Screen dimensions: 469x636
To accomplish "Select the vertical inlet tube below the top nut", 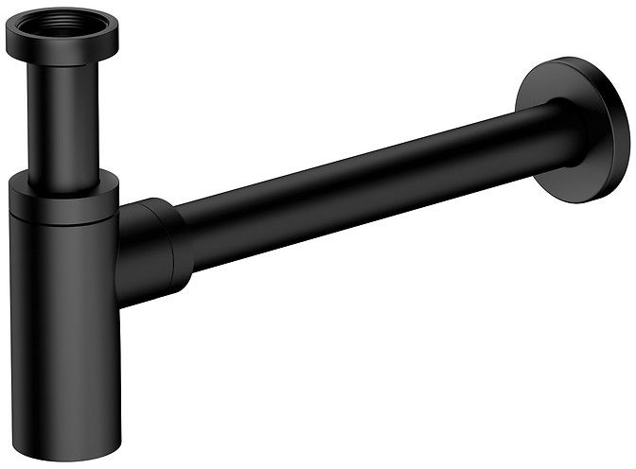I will tap(62, 123).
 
